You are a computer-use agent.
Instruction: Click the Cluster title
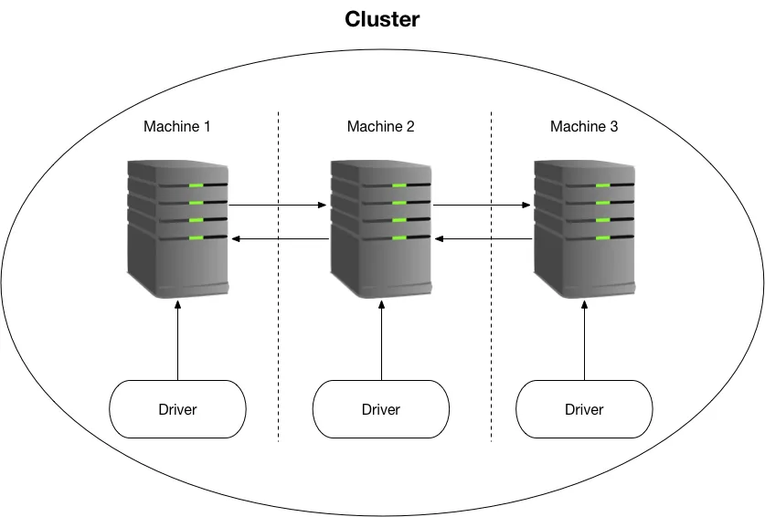pyautogui.click(x=382, y=19)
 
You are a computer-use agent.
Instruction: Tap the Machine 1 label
pyautogui.click(x=177, y=126)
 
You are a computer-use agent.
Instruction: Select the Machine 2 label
pyautogui.click(x=380, y=126)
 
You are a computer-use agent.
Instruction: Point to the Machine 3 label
pyautogui.click(x=584, y=126)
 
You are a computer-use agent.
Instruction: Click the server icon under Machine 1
pyautogui.click(x=177, y=228)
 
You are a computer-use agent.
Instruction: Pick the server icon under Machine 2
pyautogui.click(x=381, y=228)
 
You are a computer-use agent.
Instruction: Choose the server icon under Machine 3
pyautogui.click(x=584, y=228)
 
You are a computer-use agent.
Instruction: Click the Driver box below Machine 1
pyautogui.click(x=177, y=409)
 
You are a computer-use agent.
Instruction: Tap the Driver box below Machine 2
pyautogui.click(x=381, y=409)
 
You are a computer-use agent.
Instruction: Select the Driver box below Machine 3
pyautogui.click(x=584, y=409)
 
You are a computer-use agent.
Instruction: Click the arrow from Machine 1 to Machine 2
pyautogui.click(x=278, y=205)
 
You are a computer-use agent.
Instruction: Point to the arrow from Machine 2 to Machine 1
pyautogui.click(x=281, y=238)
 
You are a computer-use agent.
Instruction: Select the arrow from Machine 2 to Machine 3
pyautogui.click(x=482, y=205)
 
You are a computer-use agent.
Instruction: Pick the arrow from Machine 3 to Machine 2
pyautogui.click(x=483, y=238)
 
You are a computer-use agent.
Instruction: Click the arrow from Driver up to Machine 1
pyautogui.click(x=177, y=340)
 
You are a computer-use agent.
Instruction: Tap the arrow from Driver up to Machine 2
pyautogui.click(x=381, y=340)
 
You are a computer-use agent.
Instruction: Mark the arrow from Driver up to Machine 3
pyautogui.click(x=584, y=340)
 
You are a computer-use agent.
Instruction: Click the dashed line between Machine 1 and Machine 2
pyautogui.click(x=279, y=277)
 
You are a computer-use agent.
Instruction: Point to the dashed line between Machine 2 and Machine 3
pyautogui.click(x=492, y=277)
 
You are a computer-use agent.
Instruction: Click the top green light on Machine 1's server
pyautogui.click(x=197, y=185)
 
